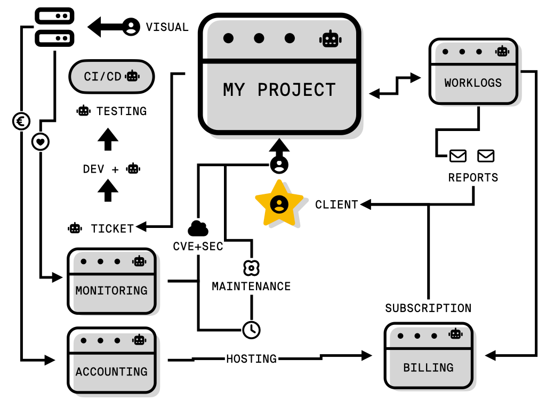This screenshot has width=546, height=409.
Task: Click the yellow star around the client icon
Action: [279, 204]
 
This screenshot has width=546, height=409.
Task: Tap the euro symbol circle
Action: [21, 122]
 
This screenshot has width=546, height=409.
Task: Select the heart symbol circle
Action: [41, 142]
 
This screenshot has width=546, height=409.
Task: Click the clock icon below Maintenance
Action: [251, 330]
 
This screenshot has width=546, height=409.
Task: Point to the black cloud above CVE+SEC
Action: [198, 228]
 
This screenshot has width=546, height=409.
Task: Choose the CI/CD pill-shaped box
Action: [111, 77]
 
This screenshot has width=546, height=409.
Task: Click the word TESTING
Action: [121, 111]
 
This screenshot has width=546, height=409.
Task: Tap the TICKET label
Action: [112, 228]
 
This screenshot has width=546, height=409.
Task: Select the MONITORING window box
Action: [111, 281]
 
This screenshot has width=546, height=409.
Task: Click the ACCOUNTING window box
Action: [111, 360]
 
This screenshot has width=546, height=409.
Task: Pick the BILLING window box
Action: [428, 356]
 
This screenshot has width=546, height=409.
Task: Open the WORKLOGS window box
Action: [473, 71]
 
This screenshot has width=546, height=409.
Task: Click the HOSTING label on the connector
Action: [251, 359]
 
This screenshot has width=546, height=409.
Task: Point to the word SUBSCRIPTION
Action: [428, 308]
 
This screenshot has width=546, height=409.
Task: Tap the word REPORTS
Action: [473, 177]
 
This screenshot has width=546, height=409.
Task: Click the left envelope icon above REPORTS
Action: [458, 156]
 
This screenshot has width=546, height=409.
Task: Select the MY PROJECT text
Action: [279, 90]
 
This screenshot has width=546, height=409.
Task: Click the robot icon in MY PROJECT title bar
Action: [330, 39]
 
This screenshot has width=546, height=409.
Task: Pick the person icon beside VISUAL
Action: [131, 27]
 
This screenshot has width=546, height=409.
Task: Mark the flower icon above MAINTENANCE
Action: [251, 267]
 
